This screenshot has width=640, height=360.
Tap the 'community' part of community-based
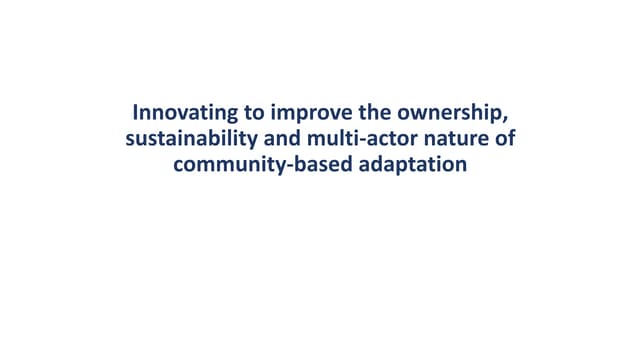point(222,164)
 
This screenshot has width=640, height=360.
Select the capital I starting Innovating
point(137,111)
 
